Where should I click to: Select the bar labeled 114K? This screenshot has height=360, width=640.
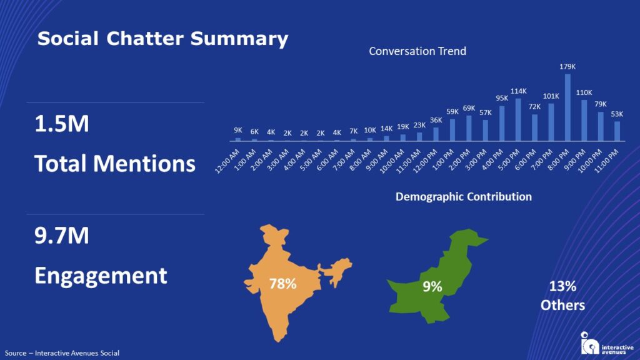(x=518, y=119)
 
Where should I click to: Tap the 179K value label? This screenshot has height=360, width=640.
(x=567, y=67)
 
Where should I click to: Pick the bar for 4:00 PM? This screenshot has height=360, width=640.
(x=502, y=123)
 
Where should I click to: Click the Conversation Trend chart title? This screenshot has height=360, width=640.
(x=417, y=51)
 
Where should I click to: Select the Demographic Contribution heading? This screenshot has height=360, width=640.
(x=464, y=197)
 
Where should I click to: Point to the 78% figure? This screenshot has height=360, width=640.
(x=282, y=284)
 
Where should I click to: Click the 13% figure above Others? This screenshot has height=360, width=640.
(x=562, y=287)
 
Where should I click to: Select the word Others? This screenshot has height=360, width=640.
(x=562, y=306)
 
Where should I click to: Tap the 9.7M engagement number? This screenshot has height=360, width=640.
(x=62, y=236)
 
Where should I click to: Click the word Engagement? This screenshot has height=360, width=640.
(x=101, y=276)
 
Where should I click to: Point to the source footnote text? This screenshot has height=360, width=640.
(x=62, y=353)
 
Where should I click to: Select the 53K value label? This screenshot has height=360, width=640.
(x=617, y=114)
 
